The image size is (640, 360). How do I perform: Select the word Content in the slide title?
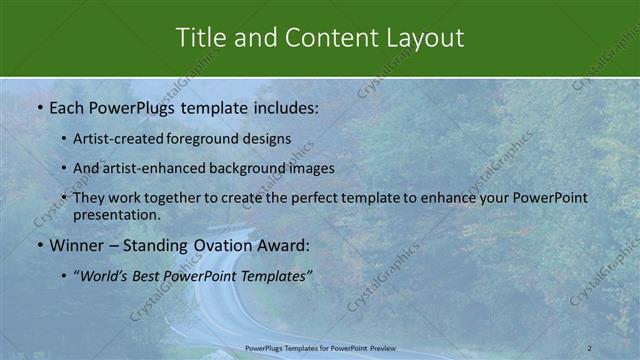328,38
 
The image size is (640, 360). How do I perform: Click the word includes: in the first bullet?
283,105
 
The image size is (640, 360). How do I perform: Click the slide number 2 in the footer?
589,347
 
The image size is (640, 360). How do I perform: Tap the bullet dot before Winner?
39,244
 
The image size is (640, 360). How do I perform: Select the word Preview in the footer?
381,347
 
